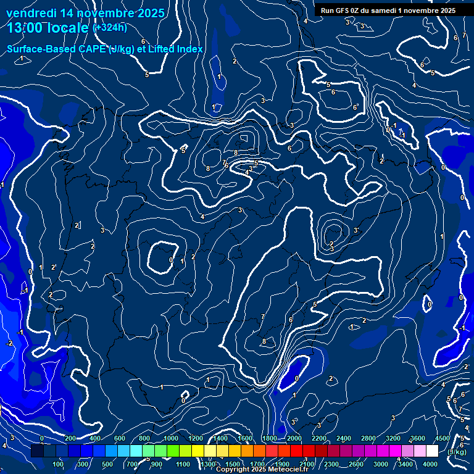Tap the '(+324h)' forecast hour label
point(109,28)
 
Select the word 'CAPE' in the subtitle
point(90,49)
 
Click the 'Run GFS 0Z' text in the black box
point(342,10)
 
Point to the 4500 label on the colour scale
point(442,438)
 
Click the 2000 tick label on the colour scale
point(294,438)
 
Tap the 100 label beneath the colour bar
point(59,464)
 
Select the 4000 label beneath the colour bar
point(431,464)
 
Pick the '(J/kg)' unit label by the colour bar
point(457,452)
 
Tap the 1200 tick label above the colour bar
point(196,438)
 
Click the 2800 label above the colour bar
point(368,438)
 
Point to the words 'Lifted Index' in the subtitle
point(177,49)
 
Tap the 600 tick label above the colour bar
point(120,438)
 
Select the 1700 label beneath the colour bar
point(257,464)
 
